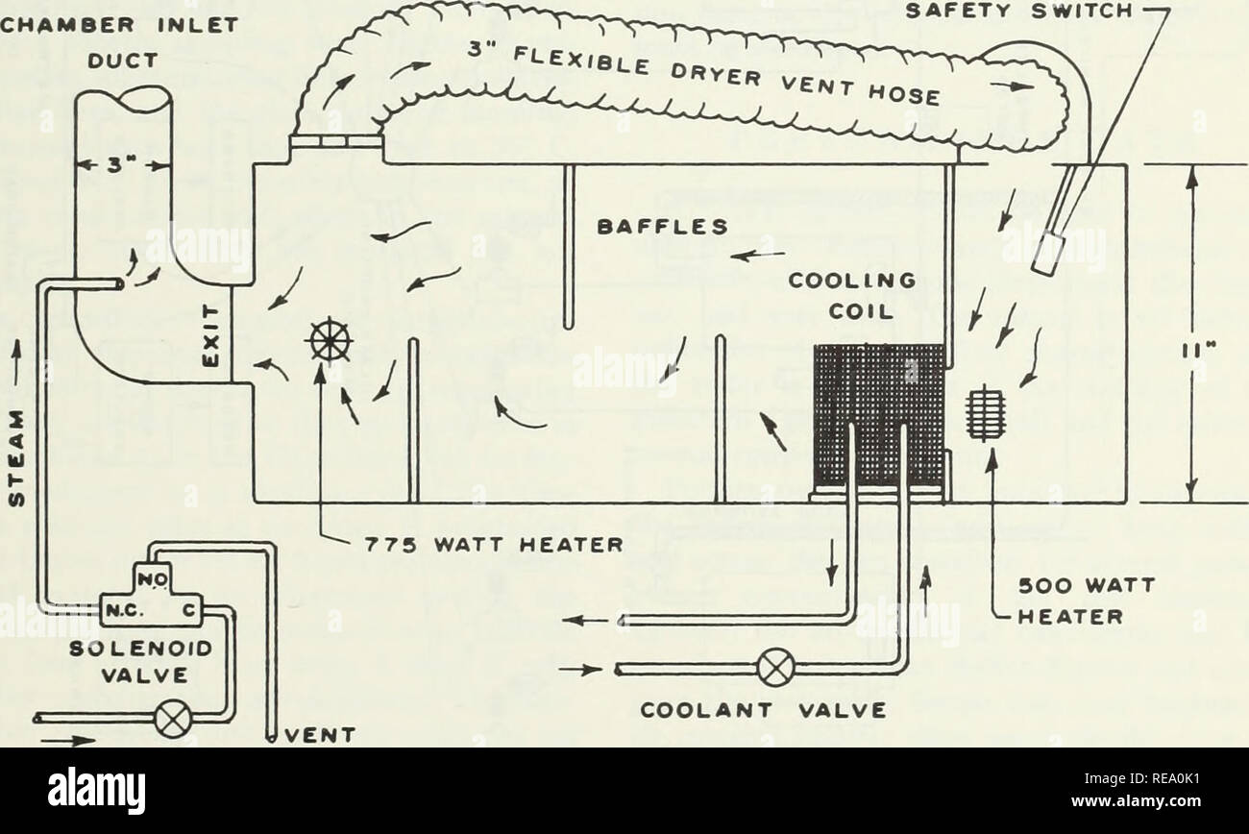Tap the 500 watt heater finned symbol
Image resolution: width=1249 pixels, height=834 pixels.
pyautogui.click(x=985, y=413)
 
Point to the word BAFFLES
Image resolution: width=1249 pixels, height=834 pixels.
pyautogui.click(x=662, y=227)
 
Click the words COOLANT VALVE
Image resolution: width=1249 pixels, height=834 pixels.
pyautogui.click(x=764, y=710)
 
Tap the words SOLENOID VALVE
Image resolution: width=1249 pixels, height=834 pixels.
pyautogui.click(x=140, y=662)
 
